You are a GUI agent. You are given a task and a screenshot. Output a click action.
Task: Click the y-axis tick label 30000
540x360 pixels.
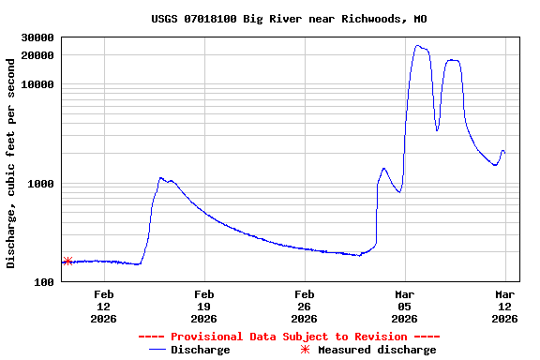pos(37,37)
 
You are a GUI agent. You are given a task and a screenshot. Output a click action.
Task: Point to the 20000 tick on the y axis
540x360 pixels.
pos(37,55)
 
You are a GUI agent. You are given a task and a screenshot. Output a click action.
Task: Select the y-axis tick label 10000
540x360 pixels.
pos(37,85)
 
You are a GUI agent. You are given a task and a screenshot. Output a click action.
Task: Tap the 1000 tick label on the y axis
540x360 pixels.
pos(40,184)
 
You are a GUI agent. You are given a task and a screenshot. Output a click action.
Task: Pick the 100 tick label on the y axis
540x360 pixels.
pos(44,282)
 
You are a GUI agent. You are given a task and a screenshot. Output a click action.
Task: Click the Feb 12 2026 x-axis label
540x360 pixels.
pos(104,307)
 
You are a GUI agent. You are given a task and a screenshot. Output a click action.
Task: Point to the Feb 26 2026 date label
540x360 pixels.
pos(305,307)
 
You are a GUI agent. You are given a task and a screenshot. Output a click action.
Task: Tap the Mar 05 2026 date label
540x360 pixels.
pos(405,307)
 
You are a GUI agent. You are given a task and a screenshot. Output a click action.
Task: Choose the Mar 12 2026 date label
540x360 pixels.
pos(505,307)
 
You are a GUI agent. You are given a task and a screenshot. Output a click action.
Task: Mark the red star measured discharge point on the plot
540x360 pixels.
pos(67,261)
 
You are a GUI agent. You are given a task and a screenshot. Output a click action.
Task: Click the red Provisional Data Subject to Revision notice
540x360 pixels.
pos(289,337)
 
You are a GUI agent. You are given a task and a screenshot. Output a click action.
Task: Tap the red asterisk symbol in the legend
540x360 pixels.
pos(305,350)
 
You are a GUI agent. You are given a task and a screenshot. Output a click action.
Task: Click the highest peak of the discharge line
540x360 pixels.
pos(417,46)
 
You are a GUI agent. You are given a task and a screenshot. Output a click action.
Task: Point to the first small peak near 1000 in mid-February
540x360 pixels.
pos(161,177)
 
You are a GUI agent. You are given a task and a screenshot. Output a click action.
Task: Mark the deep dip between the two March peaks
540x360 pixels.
pos(437,129)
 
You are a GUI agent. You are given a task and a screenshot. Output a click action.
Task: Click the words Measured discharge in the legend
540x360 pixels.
pos(377,350)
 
